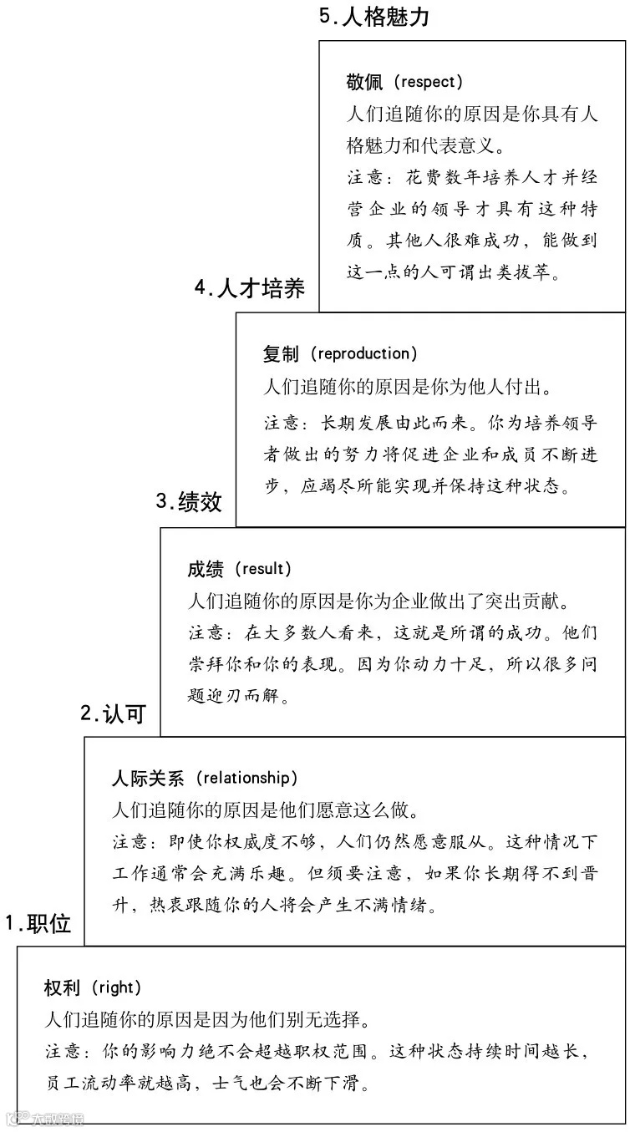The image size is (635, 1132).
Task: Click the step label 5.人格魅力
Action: pyautogui.click(x=374, y=17)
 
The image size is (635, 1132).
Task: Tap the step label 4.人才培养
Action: pyautogui.click(x=250, y=289)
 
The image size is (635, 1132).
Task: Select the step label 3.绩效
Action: pyautogui.click(x=189, y=501)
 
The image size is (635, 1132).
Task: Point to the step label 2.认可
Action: pyautogui.click(x=113, y=713)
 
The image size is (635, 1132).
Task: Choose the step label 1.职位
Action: pyautogui.click(x=38, y=923)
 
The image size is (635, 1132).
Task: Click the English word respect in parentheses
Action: pyautogui.click(x=428, y=82)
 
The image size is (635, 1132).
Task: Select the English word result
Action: pyautogui.click(x=265, y=569)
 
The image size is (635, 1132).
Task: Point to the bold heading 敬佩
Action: pyautogui.click(x=363, y=82)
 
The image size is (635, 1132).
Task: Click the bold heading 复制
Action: pyautogui.click(x=281, y=354)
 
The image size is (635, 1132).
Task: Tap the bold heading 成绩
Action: pyautogui.click(x=206, y=569)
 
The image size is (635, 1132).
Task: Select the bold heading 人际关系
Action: pyautogui.click(x=148, y=779)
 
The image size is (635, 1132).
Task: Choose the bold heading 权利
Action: pyautogui.click(x=62, y=987)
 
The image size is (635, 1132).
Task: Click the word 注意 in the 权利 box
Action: pyautogui.click(x=63, y=1051)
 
